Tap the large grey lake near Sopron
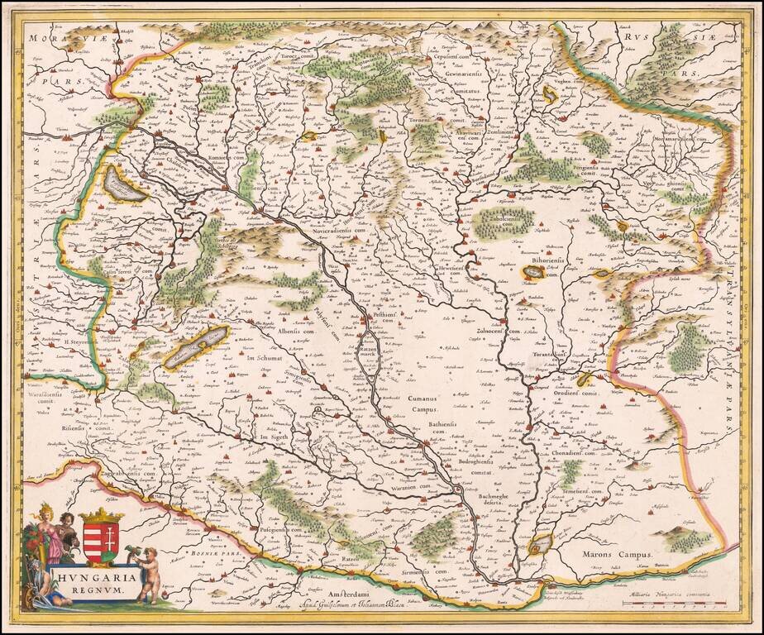coord(123,185)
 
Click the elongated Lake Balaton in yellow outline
coord(196,346)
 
